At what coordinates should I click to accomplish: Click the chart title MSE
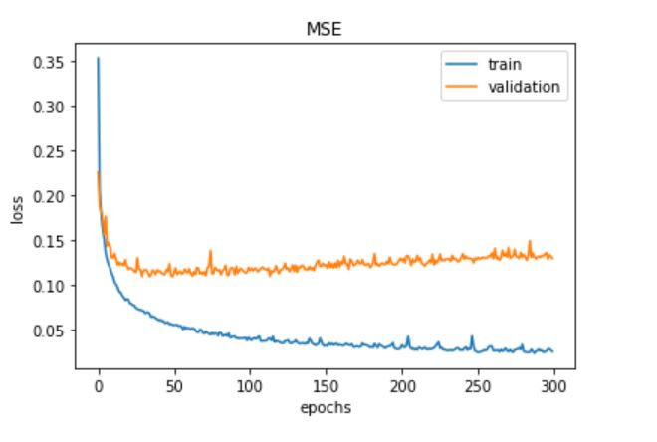pyautogui.click(x=325, y=29)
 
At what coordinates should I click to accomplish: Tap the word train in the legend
pyautogui.click(x=503, y=64)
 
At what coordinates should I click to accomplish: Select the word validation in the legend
pyautogui.click(x=523, y=87)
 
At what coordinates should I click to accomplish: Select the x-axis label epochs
pyautogui.click(x=325, y=407)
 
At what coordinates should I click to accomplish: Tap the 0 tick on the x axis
pyautogui.click(x=99, y=385)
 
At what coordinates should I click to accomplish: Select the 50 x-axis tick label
pyautogui.click(x=174, y=385)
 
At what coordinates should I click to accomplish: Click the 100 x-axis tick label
pyautogui.click(x=250, y=385)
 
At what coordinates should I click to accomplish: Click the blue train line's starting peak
pyautogui.click(x=98, y=59)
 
